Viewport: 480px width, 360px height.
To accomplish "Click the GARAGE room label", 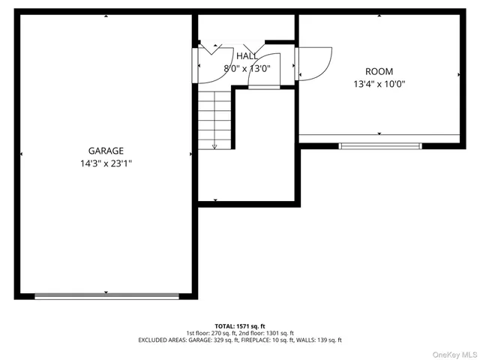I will pos(105,150).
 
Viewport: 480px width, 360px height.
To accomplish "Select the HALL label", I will pos(247,56).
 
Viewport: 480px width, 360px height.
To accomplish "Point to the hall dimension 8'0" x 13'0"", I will pos(247,68).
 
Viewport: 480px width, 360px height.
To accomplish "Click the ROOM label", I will pos(379,71).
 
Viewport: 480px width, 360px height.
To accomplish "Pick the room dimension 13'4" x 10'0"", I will pos(379,84).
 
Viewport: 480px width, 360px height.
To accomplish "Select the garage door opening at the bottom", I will pos(106,296).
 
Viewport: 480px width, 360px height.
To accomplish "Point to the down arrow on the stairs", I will pos(214,145).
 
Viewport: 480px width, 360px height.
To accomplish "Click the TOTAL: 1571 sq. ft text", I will pos(240,326).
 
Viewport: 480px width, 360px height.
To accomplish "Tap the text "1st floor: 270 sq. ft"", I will pos(211,333).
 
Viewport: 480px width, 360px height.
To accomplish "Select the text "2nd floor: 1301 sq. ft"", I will pos(268,333).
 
